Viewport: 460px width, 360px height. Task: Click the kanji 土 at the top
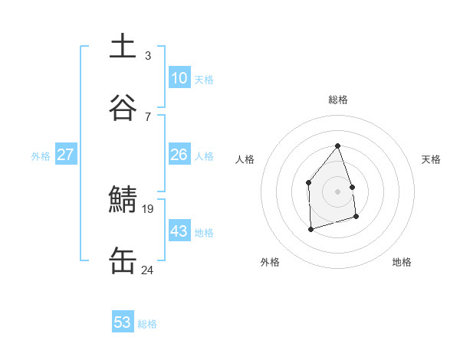click(x=123, y=46)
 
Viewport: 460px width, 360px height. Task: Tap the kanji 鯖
click(x=123, y=199)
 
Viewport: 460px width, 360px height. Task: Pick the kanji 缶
click(x=123, y=260)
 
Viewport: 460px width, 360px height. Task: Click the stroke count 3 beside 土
click(x=148, y=55)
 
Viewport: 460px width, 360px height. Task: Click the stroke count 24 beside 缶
click(x=148, y=270)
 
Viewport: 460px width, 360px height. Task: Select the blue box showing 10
click(x=179, y=77)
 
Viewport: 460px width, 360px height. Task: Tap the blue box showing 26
click(x=179, y=155)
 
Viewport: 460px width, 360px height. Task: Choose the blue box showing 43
click(x=179, y=231)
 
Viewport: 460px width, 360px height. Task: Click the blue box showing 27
click(x=65, y=155)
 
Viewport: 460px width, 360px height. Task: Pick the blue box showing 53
click(x=123, y=322)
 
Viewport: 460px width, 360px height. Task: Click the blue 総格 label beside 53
click(x=147, y=324)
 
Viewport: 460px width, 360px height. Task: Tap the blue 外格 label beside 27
click(x=41, y=156)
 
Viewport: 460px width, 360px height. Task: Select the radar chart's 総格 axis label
click(x=337, y=100)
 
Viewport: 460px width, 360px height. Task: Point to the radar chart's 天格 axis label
click(x=431, y=159)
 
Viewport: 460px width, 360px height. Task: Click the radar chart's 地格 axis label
click(x=402, y=262)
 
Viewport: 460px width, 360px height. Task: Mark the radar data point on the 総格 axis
click(x=337, y=146)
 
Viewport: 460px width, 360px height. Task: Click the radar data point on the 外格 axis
click(x=310, y=228)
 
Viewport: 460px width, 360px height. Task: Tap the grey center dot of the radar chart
click(x=337, y=191)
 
